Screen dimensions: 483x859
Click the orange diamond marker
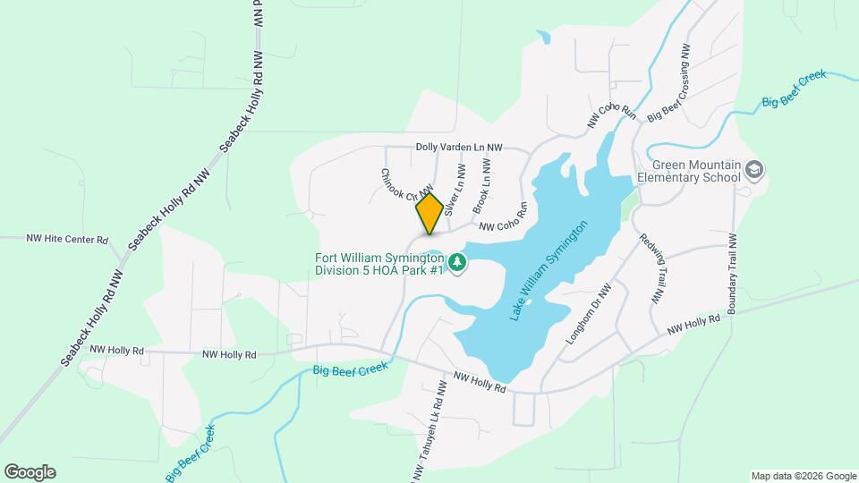point(429,213)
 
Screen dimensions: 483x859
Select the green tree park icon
point(458,261)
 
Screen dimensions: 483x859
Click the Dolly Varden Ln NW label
point(459,147)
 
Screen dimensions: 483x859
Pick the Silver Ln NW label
point(455,190)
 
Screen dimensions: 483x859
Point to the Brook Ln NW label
point(482,183)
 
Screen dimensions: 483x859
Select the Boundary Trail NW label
point(734,274)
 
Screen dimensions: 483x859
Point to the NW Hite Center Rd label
point(67,240)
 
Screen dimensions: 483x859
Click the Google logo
point(30,472)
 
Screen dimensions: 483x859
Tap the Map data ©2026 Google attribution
point(803,475)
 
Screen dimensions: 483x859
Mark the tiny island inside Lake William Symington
point(529,302)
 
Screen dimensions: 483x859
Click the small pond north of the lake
point(543,38)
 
